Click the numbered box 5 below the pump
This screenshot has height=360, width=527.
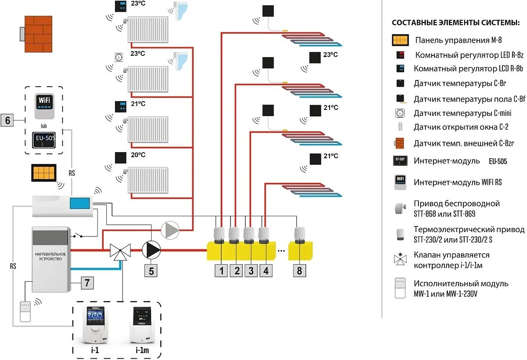click(x=151, y=271)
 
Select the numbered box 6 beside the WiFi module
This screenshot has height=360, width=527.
click(x=8, y=120)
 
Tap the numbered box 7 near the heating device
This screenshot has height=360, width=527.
click(x=87, y=284)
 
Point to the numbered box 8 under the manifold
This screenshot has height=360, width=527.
click(x=300, y=271)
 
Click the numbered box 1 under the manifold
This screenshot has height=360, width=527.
click(x=221, y=271)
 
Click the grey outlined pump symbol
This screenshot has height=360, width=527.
click(x=170, y=229)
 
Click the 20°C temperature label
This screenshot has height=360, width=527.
click(x=137, y=155)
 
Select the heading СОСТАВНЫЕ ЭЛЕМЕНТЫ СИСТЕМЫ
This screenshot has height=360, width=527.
click(x=456, y=23)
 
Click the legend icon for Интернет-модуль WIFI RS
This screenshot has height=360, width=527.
click(x=401, y=182)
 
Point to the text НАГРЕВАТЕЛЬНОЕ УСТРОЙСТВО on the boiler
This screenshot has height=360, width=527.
click(x=51, y=256)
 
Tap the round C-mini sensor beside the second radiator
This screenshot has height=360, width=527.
click(x=119, y=57)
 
